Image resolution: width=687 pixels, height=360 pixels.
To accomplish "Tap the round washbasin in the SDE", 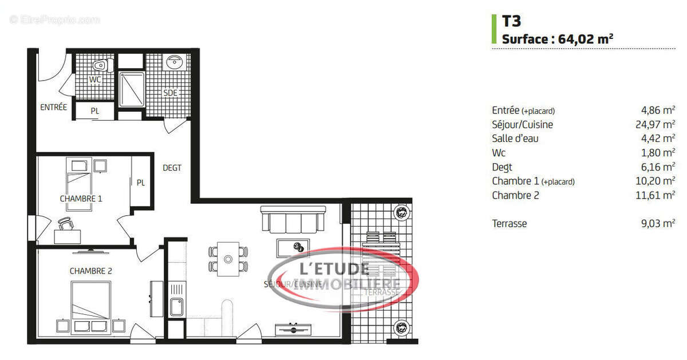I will (x=173, y=62).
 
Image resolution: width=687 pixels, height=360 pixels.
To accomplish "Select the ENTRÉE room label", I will (x=53, y=107).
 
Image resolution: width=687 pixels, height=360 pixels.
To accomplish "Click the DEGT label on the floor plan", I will (x=172, y=168).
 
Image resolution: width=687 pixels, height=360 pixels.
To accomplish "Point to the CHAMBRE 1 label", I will (x=81, y=199).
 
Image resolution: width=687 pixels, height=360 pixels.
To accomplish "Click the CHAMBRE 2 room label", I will (x=90, y=271).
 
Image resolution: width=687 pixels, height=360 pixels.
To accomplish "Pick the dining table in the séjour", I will (x=228, y=259).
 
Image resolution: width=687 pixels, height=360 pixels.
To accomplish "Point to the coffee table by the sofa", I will (x=293, y=247).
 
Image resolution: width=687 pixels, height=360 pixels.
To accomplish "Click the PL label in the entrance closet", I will (x=94, y=112).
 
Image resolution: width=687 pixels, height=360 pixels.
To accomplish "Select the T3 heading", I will (x=511, y=21).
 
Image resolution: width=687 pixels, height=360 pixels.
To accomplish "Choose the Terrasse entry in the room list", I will (x=509, y=224).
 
